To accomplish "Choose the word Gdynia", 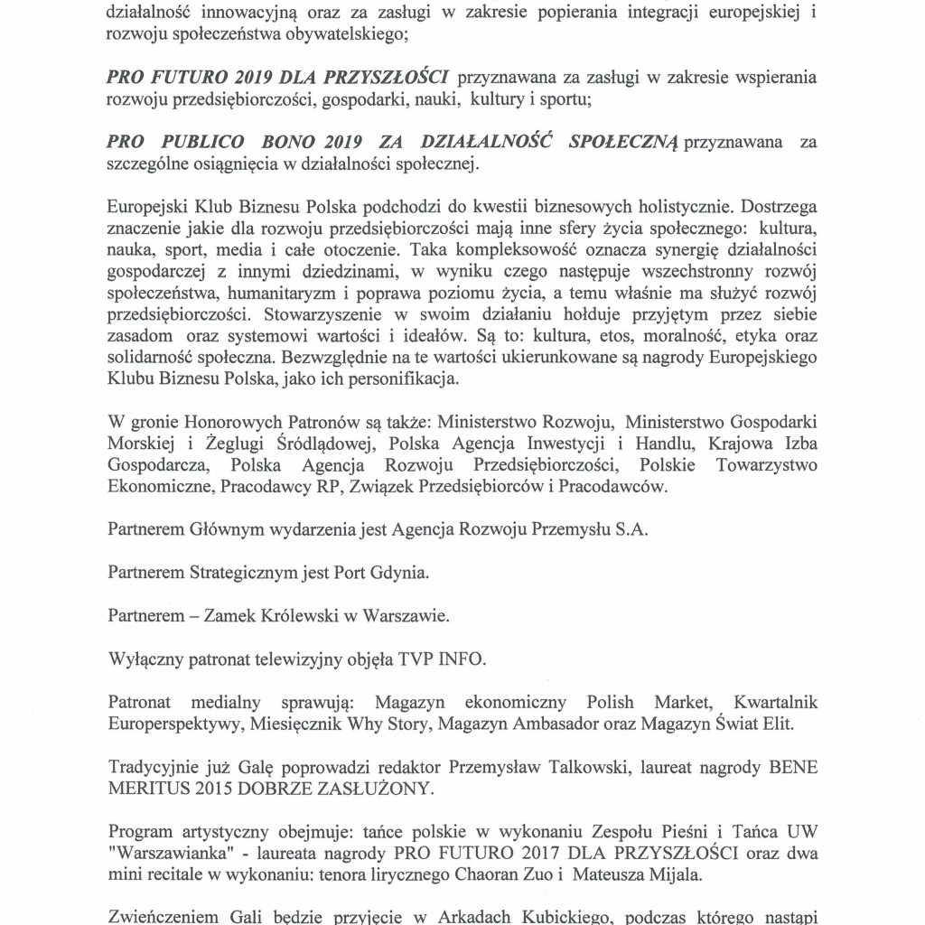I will pos(403,574).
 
